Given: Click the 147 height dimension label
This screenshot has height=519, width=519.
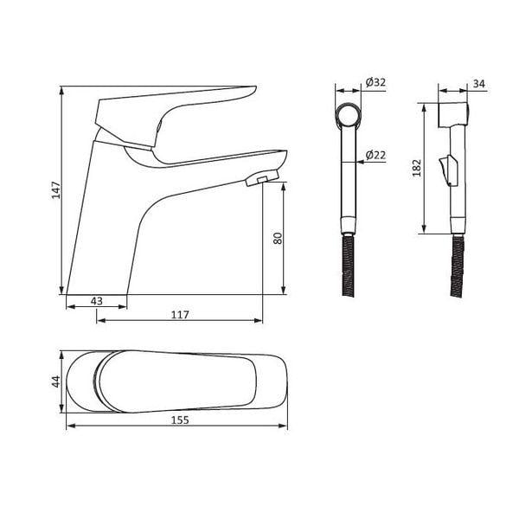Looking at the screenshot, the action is pyautogui.click(x=56, y=189).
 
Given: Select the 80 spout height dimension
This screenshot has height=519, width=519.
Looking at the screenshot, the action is pyautogui.click(x=278, y=238).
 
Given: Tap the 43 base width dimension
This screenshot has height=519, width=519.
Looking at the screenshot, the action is pyautogui.click(x=97, y=301).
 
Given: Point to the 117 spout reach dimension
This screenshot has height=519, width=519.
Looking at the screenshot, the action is pyautogui.click(x=180, y=315).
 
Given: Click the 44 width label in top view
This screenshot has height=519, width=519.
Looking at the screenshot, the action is pyautogui.click(x=56, y=381).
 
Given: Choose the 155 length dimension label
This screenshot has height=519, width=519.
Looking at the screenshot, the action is pyautogui.click(x=180, y=420).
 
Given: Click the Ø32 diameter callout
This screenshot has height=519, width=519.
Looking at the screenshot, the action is pyautogui.click(x=375, y=82).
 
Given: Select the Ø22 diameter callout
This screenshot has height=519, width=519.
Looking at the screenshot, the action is pyautogui.click(x=375, y=155).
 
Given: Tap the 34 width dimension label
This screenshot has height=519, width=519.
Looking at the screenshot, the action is pyautogui.click(x=478, y=84).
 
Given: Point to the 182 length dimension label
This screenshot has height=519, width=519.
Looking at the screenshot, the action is pyautogui.click(x=417, y=168).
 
